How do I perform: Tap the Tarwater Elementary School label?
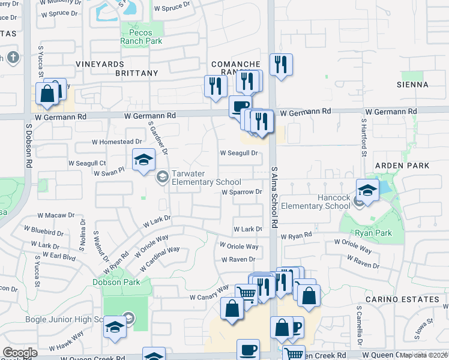[206, 178]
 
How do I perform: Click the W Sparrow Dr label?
[242, 192]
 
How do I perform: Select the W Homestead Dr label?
[116, 142]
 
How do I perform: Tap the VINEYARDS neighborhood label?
[100, 64]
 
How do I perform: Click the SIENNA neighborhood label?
[412, 85]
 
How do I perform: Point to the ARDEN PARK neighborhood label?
[402, 165]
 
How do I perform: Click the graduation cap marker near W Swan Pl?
[143, 160]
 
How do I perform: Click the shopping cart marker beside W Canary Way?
[246, 293]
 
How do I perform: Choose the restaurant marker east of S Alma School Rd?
[280, 64]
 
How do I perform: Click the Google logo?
[20, 353]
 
